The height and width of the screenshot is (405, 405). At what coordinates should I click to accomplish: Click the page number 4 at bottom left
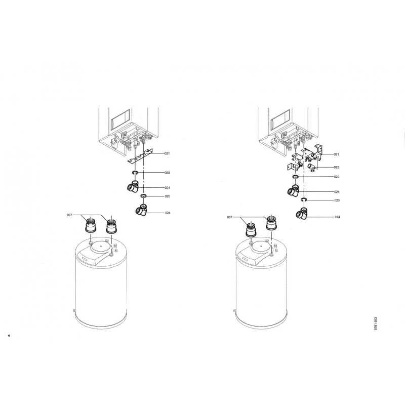[x=9, y=336]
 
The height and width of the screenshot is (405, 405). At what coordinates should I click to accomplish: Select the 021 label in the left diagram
[x=167, y=153]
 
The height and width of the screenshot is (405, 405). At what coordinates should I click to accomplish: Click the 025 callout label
[x=337, y=168]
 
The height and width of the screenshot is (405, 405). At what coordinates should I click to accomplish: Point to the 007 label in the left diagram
[x=69, y=215]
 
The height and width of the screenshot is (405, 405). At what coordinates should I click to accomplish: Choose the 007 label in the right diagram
[x=230, y=218]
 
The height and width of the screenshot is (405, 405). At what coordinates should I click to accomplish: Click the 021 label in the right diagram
[x=336, y=154]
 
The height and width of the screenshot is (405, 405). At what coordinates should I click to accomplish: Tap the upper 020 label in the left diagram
[x=168, y=173]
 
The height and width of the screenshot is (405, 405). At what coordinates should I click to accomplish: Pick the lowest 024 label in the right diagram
[x=337, y=217]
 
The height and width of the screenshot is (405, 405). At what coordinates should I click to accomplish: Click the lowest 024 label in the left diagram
[x=168, y=213]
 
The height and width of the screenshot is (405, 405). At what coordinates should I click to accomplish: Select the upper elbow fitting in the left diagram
[x=133, y=186]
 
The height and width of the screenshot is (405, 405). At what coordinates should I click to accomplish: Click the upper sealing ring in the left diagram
[x=135, y=172]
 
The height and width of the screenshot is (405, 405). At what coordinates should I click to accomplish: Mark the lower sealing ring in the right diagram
[x=304, y=199]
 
